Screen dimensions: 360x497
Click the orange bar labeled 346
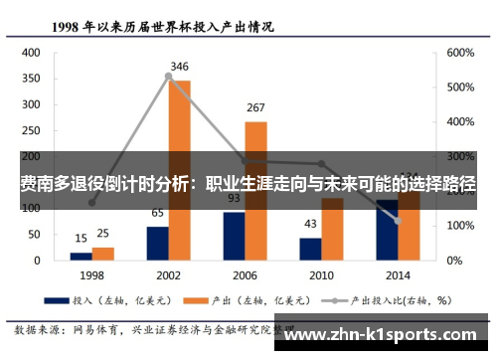pos(179,169)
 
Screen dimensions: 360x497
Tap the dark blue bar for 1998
pos(81,256)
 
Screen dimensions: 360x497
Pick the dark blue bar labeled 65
pos(157,243)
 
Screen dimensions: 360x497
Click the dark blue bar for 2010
pos(310,249)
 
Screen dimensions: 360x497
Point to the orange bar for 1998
pos(102,254)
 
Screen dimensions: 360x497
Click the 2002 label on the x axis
pos(168,274)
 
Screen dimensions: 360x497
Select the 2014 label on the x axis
pos(398,274)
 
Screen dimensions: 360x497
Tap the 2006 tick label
pos(245,274)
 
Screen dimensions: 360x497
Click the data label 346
pos(179,68)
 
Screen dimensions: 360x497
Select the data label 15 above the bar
pos(81,239)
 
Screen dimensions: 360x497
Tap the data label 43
pos(310,224)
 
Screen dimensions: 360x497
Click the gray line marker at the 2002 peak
pos(168,76)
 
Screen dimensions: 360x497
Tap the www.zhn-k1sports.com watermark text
pos(387,335)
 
